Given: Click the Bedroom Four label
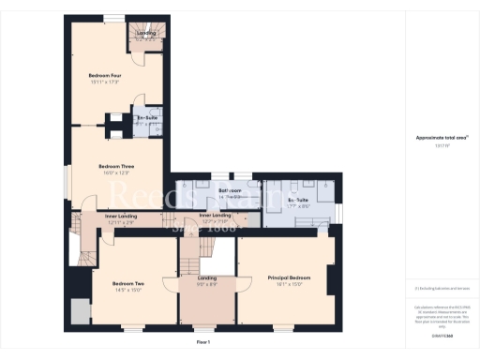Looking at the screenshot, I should (104, 74).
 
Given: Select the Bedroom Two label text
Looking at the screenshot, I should (128, 283).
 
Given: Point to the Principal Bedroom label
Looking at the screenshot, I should (289, 278).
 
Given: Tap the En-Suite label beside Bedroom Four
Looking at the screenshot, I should (146, 118).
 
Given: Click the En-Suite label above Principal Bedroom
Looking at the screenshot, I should (298, 201).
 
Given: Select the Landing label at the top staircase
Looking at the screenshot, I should (146, 34).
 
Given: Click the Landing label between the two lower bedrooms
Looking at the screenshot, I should (207, 278).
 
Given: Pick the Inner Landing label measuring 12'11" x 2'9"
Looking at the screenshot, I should (111, 217).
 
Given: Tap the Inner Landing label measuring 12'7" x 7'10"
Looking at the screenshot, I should (216, 217).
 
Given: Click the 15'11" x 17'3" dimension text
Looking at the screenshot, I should (104, 82).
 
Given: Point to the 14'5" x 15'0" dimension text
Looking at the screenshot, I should (128, 291).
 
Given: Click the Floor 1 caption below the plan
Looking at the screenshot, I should (203, 343).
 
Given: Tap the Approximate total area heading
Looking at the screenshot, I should (441, 138).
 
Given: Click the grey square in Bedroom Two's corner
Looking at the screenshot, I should (80, 310).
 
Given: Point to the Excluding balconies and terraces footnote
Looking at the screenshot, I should (441, 288).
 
